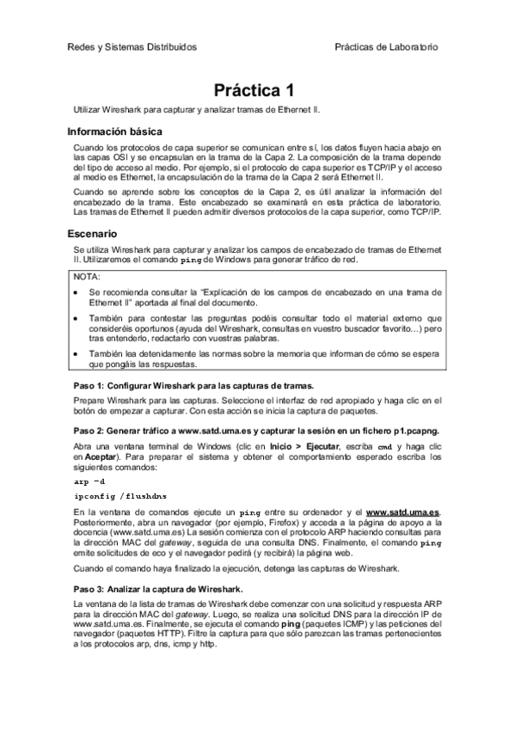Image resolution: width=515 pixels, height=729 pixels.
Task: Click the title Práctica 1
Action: coord(257,90)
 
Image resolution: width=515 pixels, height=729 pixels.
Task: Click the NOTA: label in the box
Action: coord(87,278)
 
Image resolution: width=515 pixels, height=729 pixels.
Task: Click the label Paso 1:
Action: coord(89,385)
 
